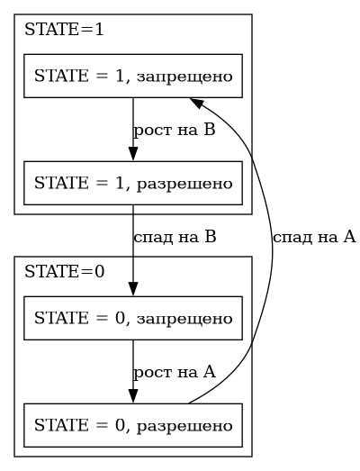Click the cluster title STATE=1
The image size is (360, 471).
[64, 30]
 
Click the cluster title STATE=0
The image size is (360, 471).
[64, 272]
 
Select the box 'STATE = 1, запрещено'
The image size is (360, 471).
[133, 76]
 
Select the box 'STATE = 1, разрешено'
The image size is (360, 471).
[133, 183]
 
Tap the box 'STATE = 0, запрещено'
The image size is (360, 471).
[133, 318]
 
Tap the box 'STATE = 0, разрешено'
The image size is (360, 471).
[133, 425]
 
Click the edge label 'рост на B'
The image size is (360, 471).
[174, 130]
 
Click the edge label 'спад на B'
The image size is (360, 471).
[175, 237]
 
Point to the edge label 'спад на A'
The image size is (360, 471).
[314, 237]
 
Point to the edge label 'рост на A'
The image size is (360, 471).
[174, 372]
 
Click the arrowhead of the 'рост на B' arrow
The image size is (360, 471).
[133, 154]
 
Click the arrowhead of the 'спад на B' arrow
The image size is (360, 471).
[133, 289]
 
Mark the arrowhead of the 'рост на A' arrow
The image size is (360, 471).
[133, 396]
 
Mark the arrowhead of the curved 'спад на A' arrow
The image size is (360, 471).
[196, 102]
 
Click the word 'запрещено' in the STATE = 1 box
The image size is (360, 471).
[184, 77]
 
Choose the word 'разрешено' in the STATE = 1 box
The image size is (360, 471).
[184, 184]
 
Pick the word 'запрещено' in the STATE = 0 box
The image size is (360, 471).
[184, 320]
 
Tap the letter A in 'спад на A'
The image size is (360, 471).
[349, 237]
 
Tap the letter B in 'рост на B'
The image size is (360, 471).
[210, 130]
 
